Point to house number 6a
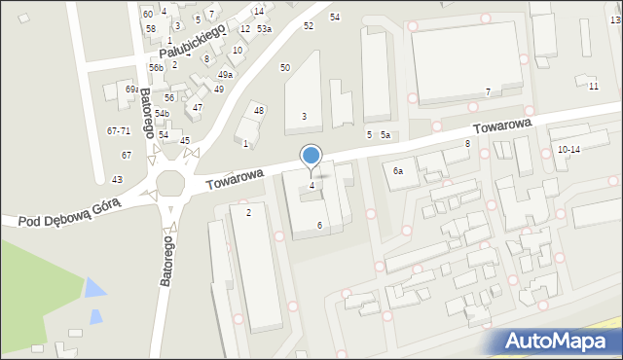(397, 170)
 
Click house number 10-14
(568, 149)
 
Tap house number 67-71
(119, 131)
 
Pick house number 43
(117, 179)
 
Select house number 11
(594, 86)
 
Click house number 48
(259, 111)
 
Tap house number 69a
(131, 90)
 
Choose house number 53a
(265, 29)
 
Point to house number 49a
(225, 75)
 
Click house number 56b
(156, 68)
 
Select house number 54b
(162, 114)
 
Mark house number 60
(147, 14)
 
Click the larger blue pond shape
(94, 289)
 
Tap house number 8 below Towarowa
(467, 144)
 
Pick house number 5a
(385, 134)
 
